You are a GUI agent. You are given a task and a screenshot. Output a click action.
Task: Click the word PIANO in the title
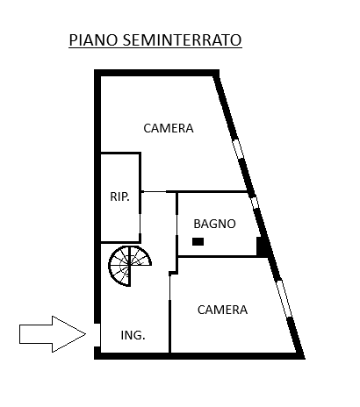pos(93,39)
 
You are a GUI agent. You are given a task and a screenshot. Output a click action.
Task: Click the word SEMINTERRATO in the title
pos(182,39)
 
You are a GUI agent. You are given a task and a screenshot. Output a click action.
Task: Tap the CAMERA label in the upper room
pos(169,128)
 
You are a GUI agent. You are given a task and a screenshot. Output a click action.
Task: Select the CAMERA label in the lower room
pos(222,310)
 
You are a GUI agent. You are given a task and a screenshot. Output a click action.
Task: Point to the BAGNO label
pos(214,224)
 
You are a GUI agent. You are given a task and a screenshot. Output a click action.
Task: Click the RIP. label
pos(119,196)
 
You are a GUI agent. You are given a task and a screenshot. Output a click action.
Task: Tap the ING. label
pos(133,335)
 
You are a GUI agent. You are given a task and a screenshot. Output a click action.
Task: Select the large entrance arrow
pos(53,334)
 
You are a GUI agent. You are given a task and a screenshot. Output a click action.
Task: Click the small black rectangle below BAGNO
pos(198,241)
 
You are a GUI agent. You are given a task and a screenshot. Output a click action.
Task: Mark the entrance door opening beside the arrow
pos(97,335)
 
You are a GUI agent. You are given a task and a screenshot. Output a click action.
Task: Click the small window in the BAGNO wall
pos(255,203)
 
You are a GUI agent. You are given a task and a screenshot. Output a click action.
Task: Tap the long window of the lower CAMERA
pos(284,298)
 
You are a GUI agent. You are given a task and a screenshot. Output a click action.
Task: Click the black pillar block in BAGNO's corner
pos(263,246)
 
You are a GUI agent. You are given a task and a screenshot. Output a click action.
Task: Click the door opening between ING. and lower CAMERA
pos(169,288)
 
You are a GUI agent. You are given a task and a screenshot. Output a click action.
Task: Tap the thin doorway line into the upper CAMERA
pos(155,191)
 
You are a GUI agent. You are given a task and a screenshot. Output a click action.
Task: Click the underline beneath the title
pos(155,47)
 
